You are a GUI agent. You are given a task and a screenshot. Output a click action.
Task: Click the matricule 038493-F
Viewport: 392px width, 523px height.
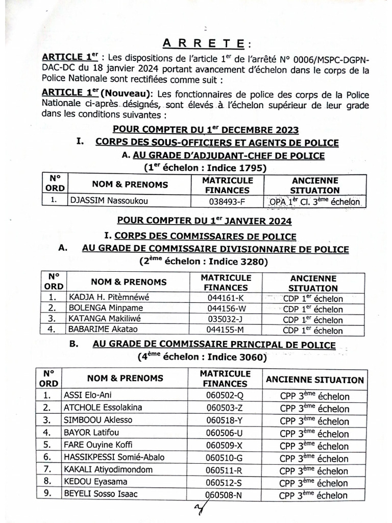[227, 201]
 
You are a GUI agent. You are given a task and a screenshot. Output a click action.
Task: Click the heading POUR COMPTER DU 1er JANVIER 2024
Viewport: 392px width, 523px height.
[204, 221]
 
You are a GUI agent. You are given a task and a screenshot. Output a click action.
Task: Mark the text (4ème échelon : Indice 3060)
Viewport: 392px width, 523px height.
[202, 358]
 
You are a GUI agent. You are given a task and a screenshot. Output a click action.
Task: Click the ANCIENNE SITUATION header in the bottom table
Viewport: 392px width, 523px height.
[314, 379]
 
